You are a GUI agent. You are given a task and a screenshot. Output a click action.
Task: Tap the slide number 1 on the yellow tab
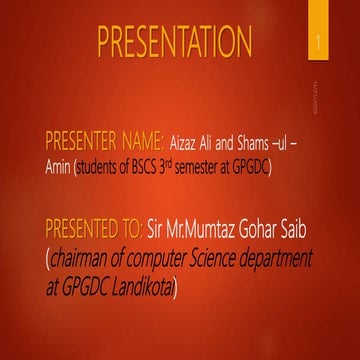pos(318,43)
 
